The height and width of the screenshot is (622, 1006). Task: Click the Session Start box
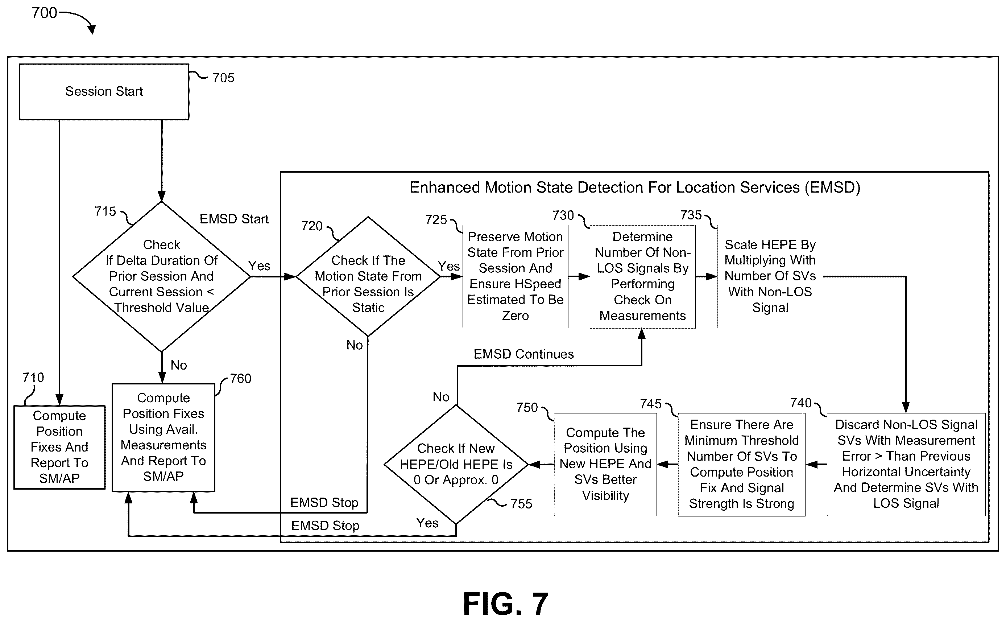(x=104, y=92)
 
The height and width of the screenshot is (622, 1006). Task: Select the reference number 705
(x=223, y=78)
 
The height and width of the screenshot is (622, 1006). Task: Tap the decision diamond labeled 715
(x=162, y=276)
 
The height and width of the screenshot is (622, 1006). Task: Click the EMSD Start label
(x=234, y=219)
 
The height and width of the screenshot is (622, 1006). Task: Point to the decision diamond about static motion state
(x=368, y=276)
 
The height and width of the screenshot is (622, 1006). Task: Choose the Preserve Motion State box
(x=515, y=276)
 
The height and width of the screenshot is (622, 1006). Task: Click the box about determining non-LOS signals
(x=643, y=276)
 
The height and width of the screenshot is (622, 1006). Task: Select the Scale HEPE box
(x=770, y=276)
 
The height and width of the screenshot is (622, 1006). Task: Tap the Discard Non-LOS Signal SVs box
(x=906, y=465)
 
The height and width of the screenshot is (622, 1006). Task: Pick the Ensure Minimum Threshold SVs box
(x=742, y=465)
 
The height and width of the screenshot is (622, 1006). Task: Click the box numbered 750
(x=605, y=465)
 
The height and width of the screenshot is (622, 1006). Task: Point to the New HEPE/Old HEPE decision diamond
(x=456, y=465)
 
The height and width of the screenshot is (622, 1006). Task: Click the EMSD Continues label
(x=524, y=354)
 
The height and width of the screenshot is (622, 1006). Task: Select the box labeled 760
(x=163, y=438)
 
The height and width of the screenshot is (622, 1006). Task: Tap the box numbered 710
(x=59, y=447)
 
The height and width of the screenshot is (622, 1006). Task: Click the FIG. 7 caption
(x=505, y=604)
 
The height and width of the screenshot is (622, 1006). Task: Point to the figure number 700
(x=44, y=13)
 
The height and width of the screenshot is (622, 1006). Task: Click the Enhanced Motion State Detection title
(x=635, y=188)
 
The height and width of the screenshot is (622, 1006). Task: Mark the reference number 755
(x=521, y=504)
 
